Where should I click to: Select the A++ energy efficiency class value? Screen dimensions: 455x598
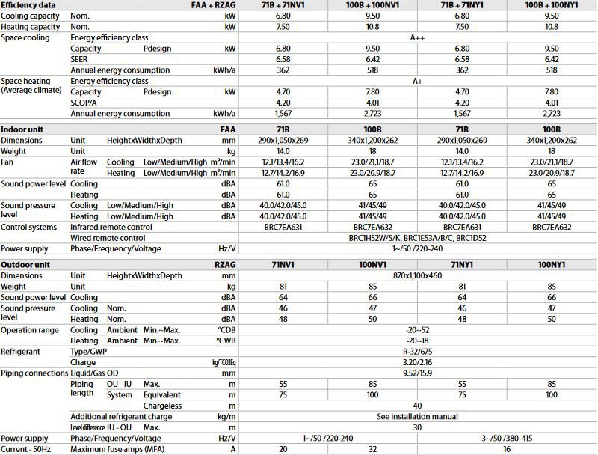tap(418, 37)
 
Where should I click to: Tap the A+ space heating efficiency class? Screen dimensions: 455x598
tap(418, 81)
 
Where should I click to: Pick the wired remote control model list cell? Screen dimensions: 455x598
tap(418, 237)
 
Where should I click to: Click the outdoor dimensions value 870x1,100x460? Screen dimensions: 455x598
tap(418, 275)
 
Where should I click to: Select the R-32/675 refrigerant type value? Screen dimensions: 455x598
tap(418, 351)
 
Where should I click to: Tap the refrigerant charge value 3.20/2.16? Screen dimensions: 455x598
tap(418, 362)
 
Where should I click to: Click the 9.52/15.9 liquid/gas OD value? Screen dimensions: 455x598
tap(418, 373)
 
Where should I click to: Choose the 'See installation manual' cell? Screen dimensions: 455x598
tap(418, 416)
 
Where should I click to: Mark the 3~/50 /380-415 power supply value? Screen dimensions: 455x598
tap(508, 438)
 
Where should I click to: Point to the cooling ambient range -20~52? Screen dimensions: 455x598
tap(418, 329)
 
